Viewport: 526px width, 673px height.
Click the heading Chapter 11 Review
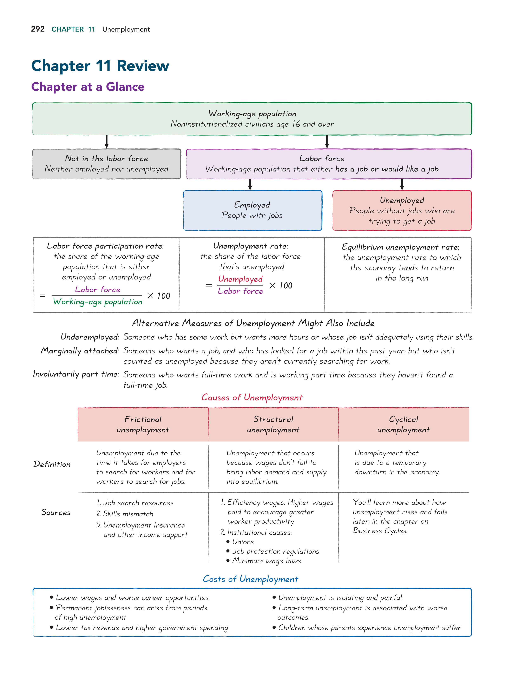click(x=100, y=66)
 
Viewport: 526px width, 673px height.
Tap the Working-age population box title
click(x=252, y=114)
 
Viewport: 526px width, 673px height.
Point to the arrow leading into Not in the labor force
click(x=107, y=142)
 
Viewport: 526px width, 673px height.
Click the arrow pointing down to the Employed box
click(x=250, y=184)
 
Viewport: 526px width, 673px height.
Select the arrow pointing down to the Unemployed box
click(x=402, y=184)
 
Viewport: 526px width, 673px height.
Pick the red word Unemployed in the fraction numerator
click(x=240, y=279)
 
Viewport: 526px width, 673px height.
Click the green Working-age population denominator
click(x=98, y=302)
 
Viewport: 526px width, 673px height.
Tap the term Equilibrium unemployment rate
click(x=400, y=247)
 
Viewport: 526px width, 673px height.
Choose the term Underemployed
click(x=89, y=337)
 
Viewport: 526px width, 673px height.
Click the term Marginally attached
click(x=79, y=351)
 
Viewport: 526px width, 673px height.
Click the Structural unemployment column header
click(x=273, y=425)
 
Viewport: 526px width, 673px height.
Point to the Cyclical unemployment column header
click(x=403, y=425)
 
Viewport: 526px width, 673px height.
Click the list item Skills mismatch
click(x=128, y=514)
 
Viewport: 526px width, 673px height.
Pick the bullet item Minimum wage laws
click(x=266, y=561)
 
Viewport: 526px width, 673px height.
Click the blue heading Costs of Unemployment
click(x=250, y=579)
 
